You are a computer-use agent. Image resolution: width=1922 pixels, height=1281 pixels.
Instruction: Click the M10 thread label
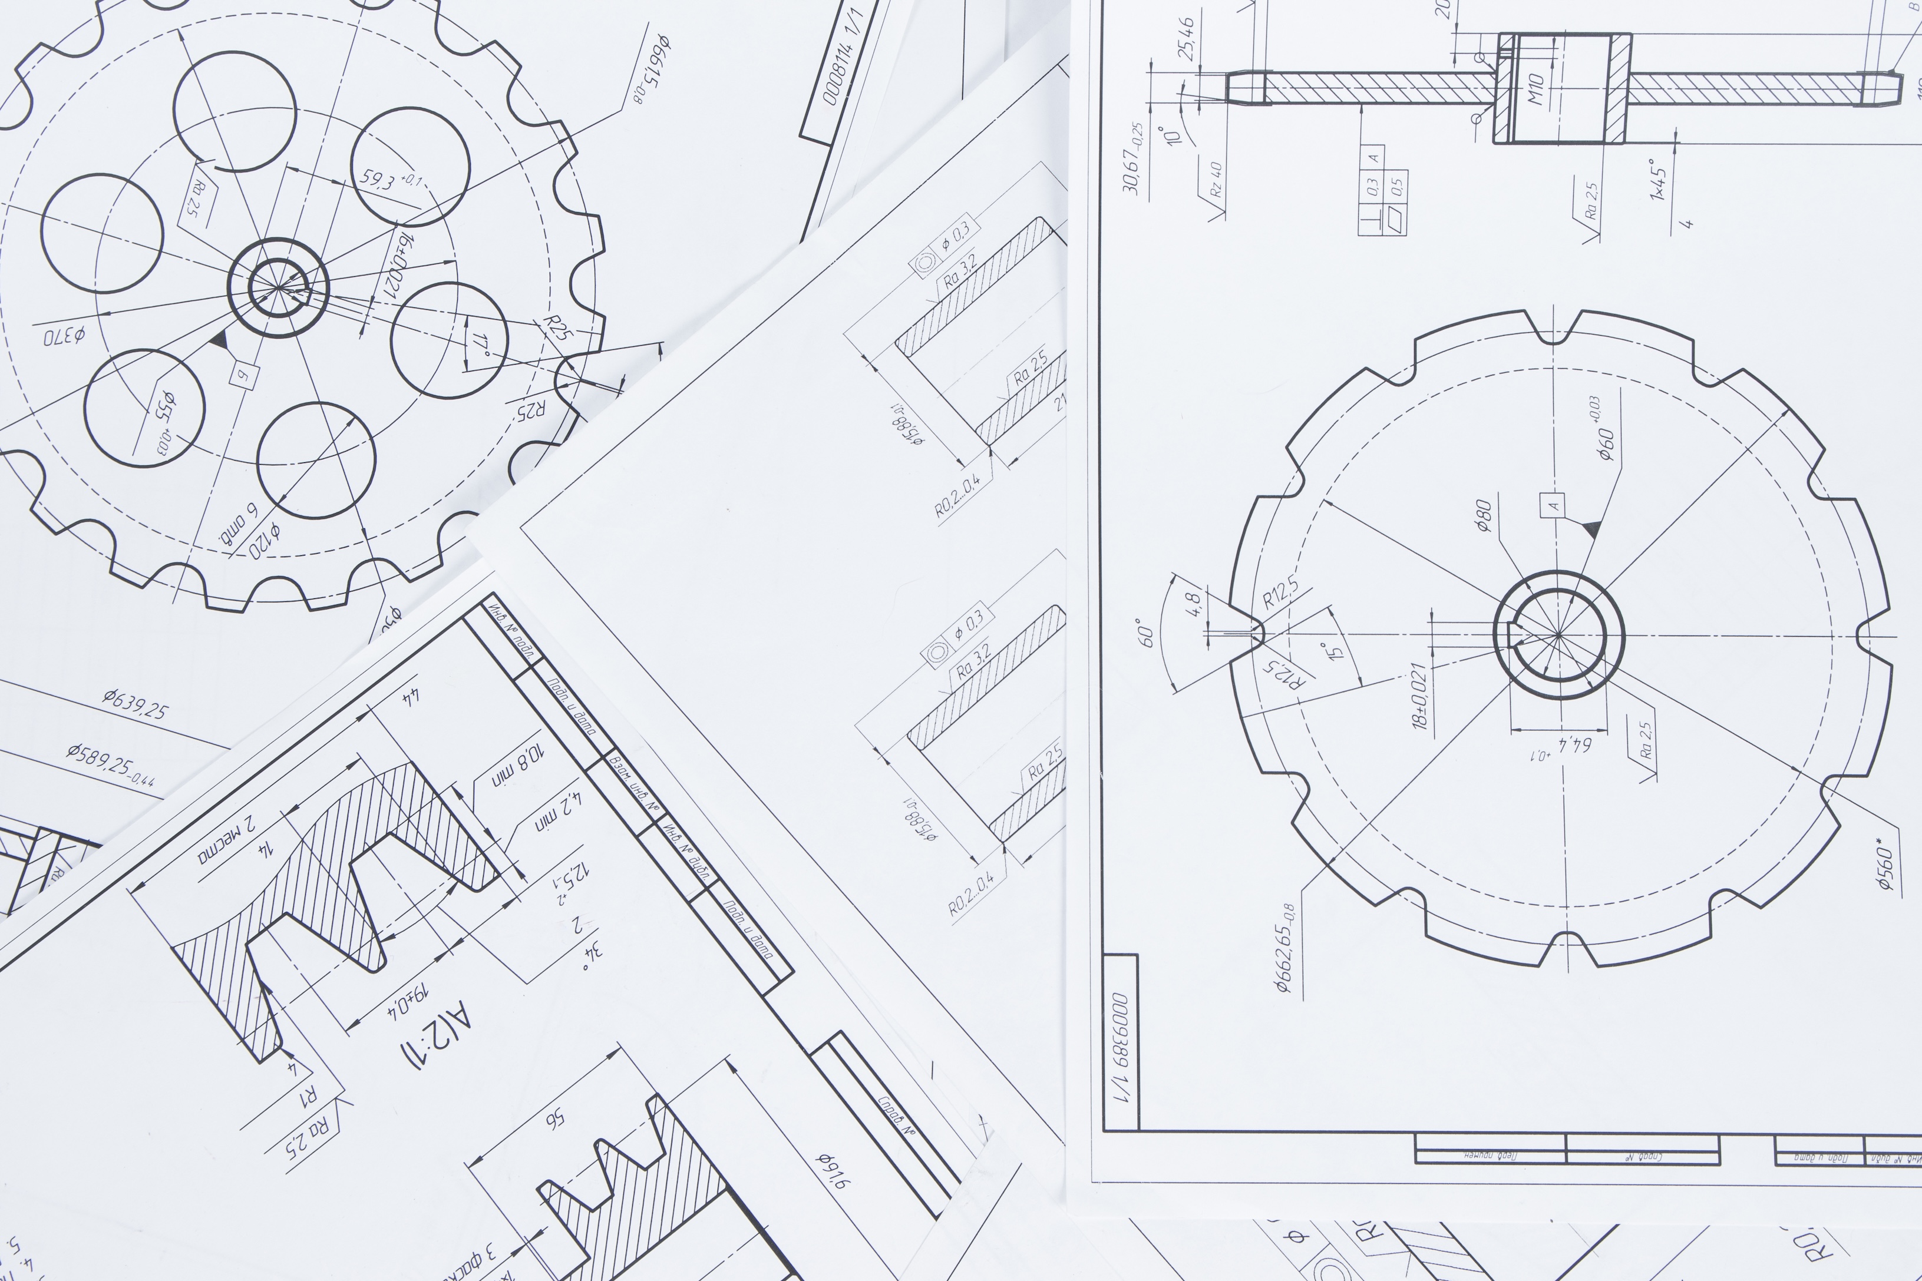(x=1535, y=88)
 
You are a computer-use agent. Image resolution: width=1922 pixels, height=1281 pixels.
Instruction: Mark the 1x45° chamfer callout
(x=1658, y=180)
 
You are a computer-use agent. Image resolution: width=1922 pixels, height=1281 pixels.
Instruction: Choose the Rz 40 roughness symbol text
(x=1215, y=180)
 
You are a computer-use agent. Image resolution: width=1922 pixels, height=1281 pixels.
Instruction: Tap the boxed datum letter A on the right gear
(x=1553, y=505)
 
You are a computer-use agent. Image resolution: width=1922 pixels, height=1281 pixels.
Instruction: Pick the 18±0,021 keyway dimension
(x=1419, y=696)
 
